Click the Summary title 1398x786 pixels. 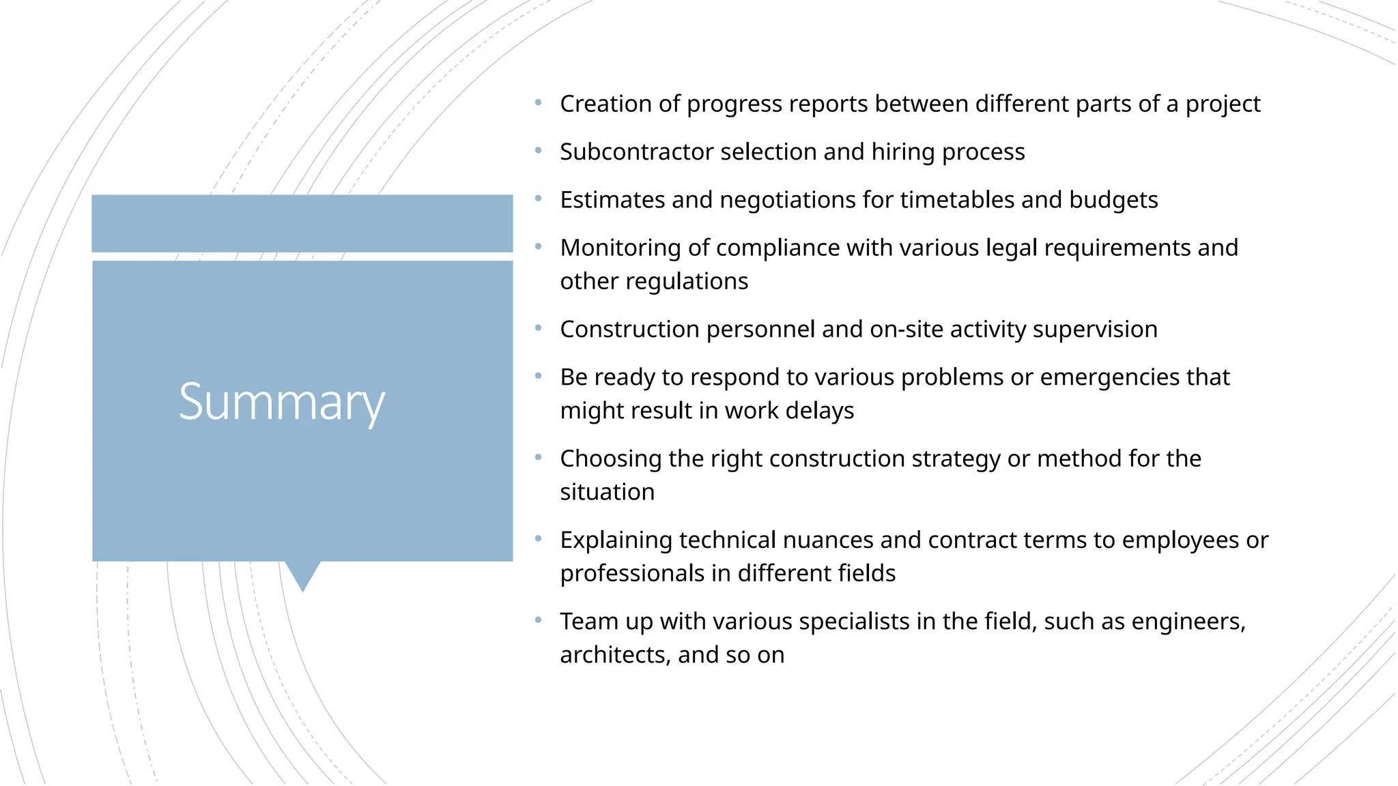point(281,403)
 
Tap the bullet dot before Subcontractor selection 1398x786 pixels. point(539,151)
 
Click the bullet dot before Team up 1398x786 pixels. point(539,620)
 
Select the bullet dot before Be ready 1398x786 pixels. point(539,376)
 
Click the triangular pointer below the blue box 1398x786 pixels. point(302,574)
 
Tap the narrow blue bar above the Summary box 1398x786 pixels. point(302,224)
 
